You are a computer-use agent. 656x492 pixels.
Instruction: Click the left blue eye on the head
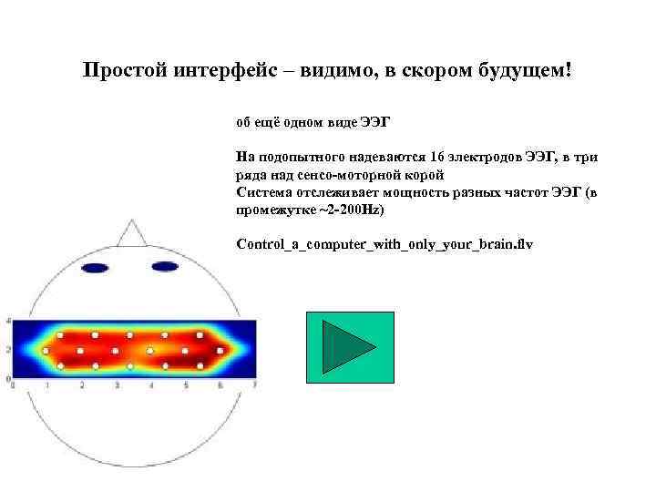tap(95, 268)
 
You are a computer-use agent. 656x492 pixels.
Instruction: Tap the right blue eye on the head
tap(165, 267)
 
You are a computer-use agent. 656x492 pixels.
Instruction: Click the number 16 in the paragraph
tap(442, 157)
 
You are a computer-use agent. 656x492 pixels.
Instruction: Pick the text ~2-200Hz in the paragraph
tap(354, 210)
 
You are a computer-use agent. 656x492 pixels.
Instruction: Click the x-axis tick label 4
tap(151, 385)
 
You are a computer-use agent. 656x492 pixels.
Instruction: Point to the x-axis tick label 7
tap(256, 385)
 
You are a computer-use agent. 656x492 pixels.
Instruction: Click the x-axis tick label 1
tap(47, 385)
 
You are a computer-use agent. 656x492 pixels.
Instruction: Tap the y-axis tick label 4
tap(8, 322)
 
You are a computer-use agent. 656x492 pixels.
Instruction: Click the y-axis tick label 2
tap(8, 349)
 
